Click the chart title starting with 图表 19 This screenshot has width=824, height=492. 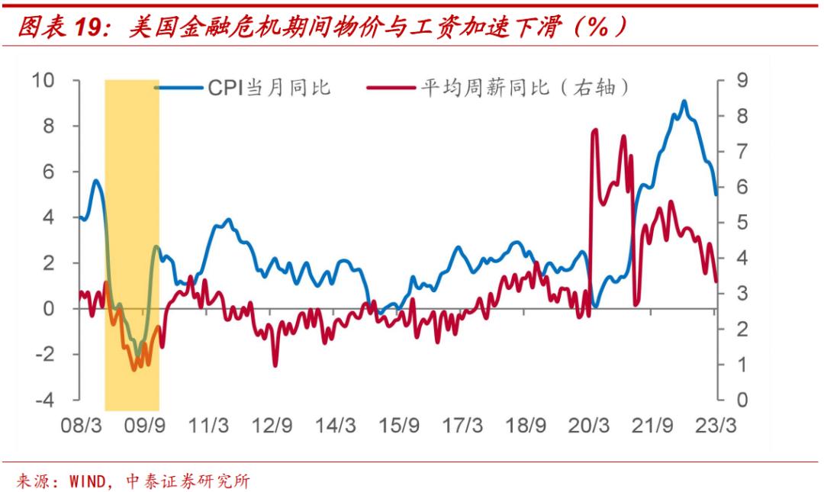[x=320, y=28]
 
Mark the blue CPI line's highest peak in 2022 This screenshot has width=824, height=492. [x=684, y=101]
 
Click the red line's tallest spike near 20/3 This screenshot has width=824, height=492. [x=594, y=131]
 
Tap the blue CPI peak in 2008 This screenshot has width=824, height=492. [x=95, y=181]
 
